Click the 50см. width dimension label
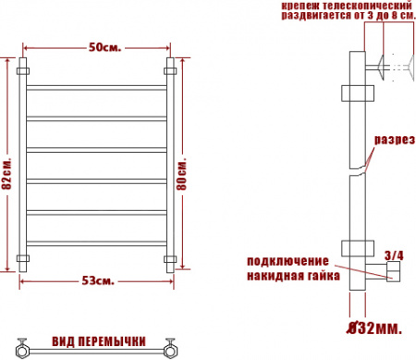[x=104, y=48]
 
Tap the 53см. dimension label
[x=98, y=281]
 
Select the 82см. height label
[x=6, y=174]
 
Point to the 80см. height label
[x=182, y=174]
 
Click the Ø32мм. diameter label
[x=374, y=328]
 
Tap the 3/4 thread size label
[x=394, y=255]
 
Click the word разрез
[x=395, y=140]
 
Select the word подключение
[x=288, y=261]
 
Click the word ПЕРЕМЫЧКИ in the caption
[x=112, y=341]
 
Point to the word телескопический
[x=367, y=6]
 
